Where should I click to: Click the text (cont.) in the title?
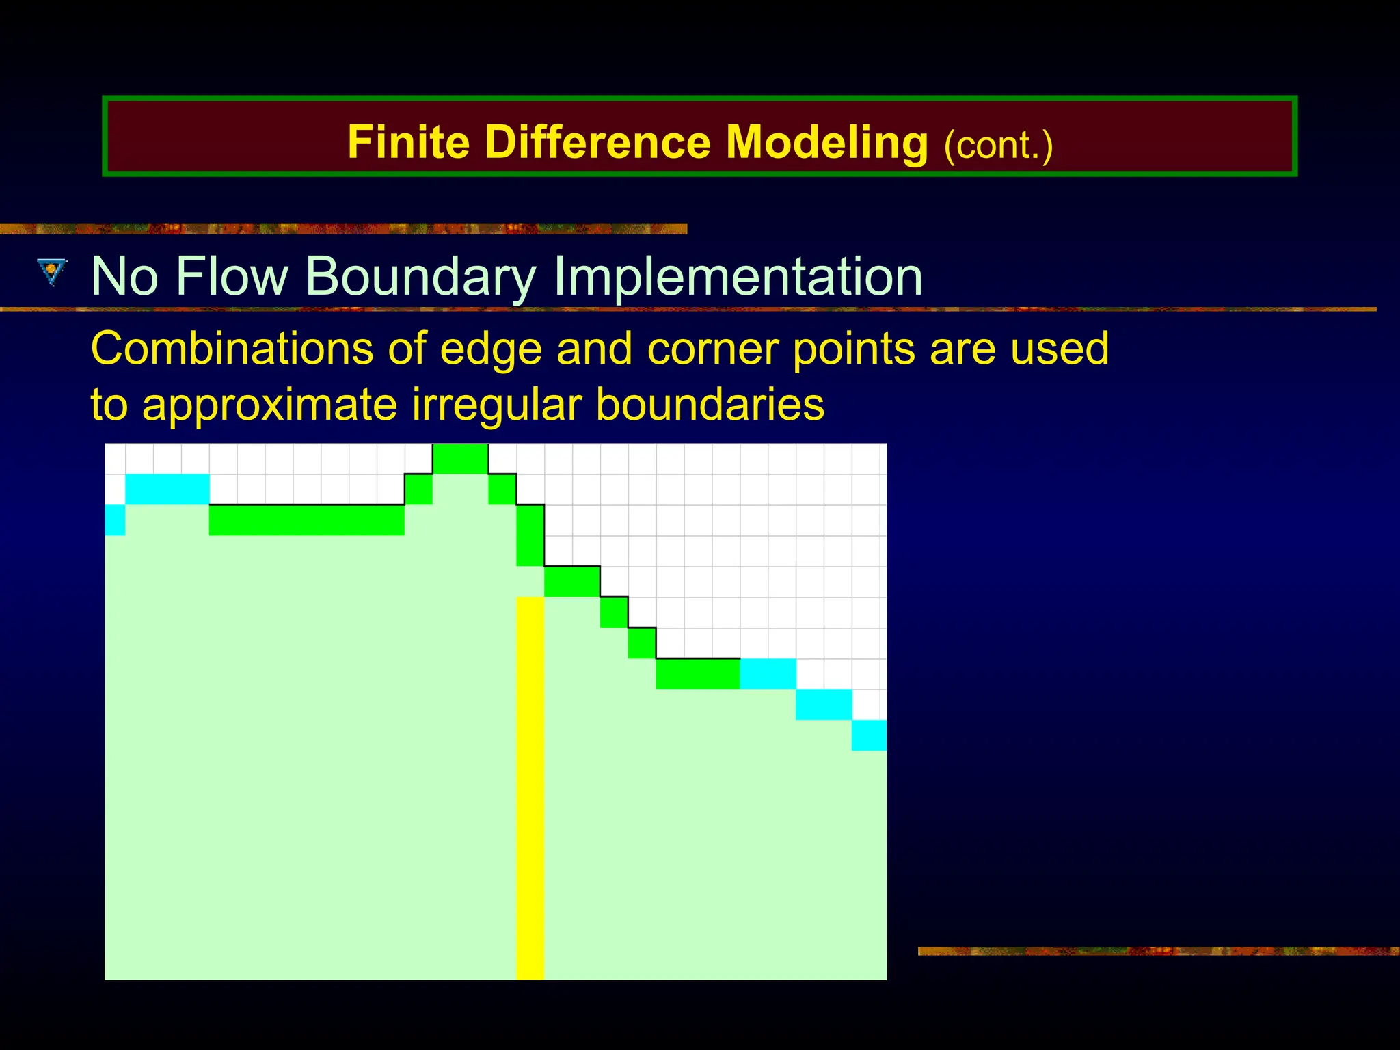click(x=998, y=145)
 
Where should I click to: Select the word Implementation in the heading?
click(x=738, y=277)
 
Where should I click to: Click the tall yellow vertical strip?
click(x=530, y=786)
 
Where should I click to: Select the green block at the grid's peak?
click(x=460, y=459)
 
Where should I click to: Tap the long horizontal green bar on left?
click(x=306, y=520)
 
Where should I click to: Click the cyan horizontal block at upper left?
click(x=167, y=489)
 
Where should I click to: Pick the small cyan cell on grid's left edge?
click(x=115, y=520)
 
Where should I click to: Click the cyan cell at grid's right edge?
click(x=869, y=736)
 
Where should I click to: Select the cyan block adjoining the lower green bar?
click(x=768, y=674)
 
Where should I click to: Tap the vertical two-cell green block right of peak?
click(x=530, y=536)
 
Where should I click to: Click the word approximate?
click(x=269, y=405)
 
